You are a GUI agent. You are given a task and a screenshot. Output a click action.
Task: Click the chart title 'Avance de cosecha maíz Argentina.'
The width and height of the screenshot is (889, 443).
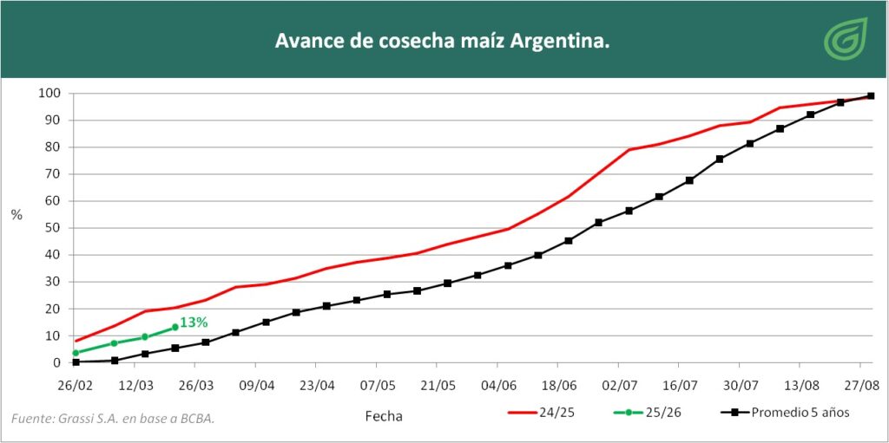pyautogui.click(x=442, y=41)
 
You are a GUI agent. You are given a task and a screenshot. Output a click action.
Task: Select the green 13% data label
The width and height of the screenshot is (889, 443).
pyautogui.click(x=194, y=322)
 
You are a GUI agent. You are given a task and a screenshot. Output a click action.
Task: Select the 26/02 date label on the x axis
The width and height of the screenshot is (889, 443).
pyautogui.click(x=76, y=383)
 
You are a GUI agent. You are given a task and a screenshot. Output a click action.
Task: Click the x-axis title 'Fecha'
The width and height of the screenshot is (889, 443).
pyautogui.click(x=383, y=416)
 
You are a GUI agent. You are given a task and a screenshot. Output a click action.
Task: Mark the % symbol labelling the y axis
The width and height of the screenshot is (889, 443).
pyautogui.click(x=16, y=215)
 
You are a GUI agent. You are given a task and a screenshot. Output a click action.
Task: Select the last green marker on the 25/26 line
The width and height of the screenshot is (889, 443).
pyautogui.click(x=175, y=327)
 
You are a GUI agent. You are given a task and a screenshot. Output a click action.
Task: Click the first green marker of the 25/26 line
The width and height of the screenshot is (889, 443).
pyautogui.click(x=76, y=353)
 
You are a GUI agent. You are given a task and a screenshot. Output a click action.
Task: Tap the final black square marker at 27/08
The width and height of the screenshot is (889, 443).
pyautogui.click(x=871, y=96)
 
